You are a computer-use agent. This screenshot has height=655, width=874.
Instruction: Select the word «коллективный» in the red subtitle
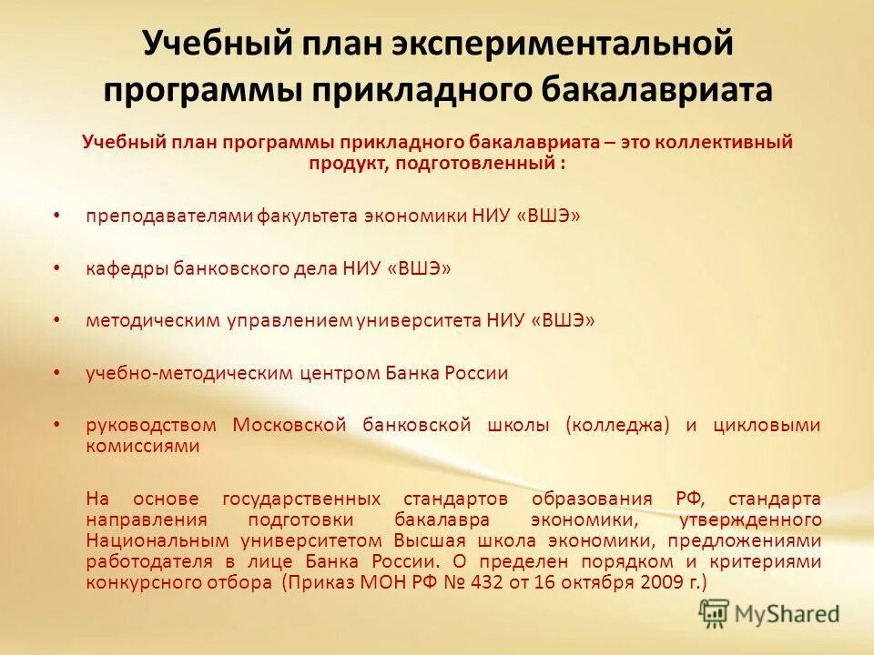click(x=715, y=142)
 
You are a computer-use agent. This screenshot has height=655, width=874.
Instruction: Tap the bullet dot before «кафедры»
click(x=57, y=268)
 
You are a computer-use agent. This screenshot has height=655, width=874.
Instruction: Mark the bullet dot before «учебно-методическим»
click(x=57, y=373)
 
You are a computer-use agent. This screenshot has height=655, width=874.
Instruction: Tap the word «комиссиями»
click(x=142, y=446)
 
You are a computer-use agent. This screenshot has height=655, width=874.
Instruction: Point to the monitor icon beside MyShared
click(x=715, y=614)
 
